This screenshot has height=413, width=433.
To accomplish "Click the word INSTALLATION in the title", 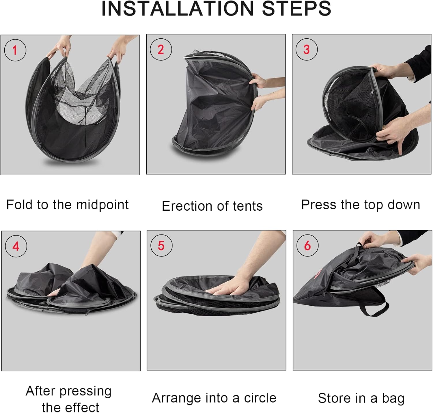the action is pyautogui.click(x=178, y=9).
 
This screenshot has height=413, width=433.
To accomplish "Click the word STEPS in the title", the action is pyautogui.click(x=297, y=9).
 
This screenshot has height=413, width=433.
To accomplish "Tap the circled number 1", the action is pyautogui.click(x=15, y=50).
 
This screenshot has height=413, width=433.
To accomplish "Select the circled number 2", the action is pyautogui.click(x=161, y=49).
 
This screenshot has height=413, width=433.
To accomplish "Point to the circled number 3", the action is pyautogui.click(x=307, y=49).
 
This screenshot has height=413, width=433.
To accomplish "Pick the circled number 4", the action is pyautogui.click(x=16, y=246).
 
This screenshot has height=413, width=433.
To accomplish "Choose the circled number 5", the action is pyautogui.click(x=161, y=245).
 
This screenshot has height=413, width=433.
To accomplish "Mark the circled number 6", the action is pyautogui.click(x=307, y=245).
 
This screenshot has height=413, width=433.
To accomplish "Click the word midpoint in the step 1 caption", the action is pyautogui.click(x=102, y=205).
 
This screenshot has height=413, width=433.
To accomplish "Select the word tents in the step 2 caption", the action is pyautogui.click(x=248, y=206).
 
